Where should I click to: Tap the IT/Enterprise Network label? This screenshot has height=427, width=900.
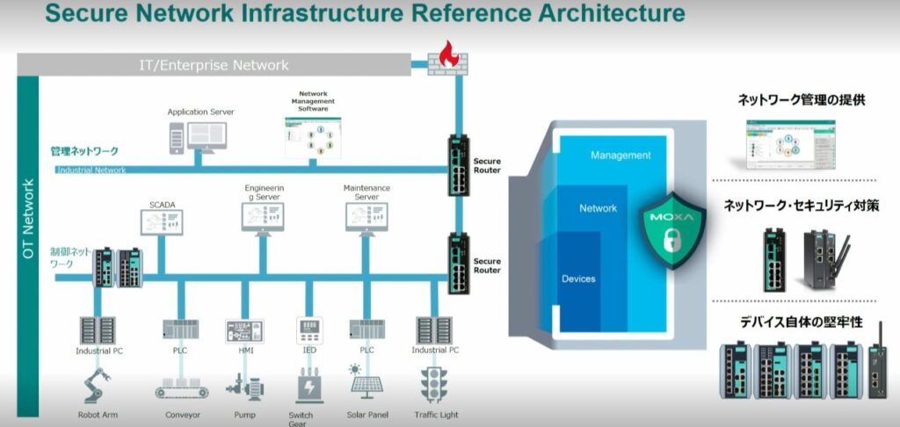(214, 65)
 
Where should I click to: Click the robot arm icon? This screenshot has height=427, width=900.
(95, 387)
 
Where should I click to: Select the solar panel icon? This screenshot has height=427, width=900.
(367, 382)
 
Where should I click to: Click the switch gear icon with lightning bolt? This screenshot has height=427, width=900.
(308, 386)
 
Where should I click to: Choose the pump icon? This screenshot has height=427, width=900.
(244, 387)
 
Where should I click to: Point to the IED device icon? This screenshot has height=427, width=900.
(308, 330)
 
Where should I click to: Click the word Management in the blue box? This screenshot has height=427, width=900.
(621, 156)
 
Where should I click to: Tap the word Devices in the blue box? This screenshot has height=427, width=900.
(578, 279)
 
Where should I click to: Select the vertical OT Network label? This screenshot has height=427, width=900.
(27, 219)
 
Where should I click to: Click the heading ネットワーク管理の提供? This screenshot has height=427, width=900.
(802, 100)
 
